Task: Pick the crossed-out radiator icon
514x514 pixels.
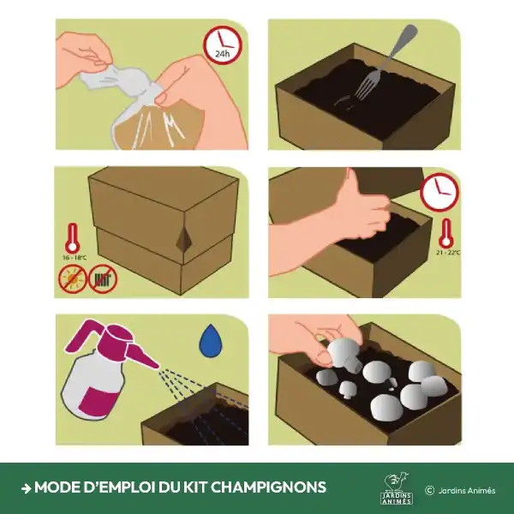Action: coord(104,278)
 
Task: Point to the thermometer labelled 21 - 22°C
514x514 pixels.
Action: coord(445,233)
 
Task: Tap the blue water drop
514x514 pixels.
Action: coord(209,340)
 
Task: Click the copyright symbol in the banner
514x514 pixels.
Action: coord(429,490)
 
